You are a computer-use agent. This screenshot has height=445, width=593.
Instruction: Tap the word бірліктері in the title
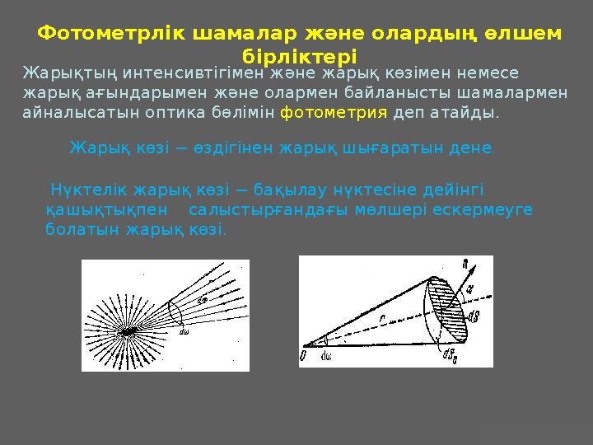tap(300, 57)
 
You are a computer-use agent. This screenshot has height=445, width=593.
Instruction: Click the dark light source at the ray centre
tap(129, 330)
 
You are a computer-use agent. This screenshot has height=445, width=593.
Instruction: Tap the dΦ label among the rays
tap(203, 301)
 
